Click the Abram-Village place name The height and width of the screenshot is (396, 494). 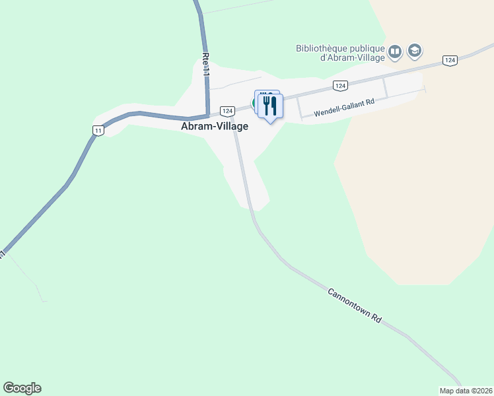[x=215, y=127]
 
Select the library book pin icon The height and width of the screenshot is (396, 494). [x=395, y=51]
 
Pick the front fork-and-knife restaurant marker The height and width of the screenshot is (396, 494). [x=270, y=106]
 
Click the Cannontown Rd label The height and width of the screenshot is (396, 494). [x=354, y=304]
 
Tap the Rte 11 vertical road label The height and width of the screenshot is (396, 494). [x=206, y=65]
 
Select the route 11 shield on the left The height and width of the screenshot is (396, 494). [x=98, y=130]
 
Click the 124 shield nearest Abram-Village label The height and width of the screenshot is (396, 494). [x=227, y=111]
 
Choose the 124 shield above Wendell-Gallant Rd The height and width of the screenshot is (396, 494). [x=339, y=86]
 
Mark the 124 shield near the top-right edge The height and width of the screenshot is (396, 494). [x=450, y=61]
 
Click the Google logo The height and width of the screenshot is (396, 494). [x=22, y=388]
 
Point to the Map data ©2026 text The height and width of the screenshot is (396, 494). [x=466, y=391]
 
